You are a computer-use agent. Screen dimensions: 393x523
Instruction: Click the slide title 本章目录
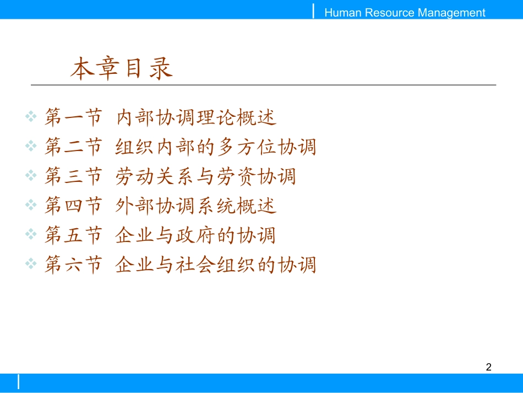[x=122, y=69]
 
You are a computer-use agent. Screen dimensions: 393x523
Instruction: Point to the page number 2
[x=488, y=367]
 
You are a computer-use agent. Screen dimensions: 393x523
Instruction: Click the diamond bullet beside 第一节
[x=31, y=117]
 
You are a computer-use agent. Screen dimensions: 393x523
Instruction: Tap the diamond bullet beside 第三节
[x=31, y=176]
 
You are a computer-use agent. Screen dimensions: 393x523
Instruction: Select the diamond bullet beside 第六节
[x=31, y=265]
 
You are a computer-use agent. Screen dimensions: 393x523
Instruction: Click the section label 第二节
[x=73, y=147]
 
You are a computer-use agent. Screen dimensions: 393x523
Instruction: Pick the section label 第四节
[x=73, y=206]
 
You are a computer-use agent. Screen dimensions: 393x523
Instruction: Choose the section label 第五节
[x=73, y=236]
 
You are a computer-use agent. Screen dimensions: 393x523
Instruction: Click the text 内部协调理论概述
[x=196, y=117]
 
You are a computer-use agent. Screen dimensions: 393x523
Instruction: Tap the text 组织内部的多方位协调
[x=216, y=147]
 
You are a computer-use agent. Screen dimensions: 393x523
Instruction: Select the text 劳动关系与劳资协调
[x=206, y=177]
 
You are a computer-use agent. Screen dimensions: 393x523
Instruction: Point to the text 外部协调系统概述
[x=196, y=206]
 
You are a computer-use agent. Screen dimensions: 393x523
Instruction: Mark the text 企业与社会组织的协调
[x=216, y=265]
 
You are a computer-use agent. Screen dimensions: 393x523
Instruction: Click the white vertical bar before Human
[x=314, y=10]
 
